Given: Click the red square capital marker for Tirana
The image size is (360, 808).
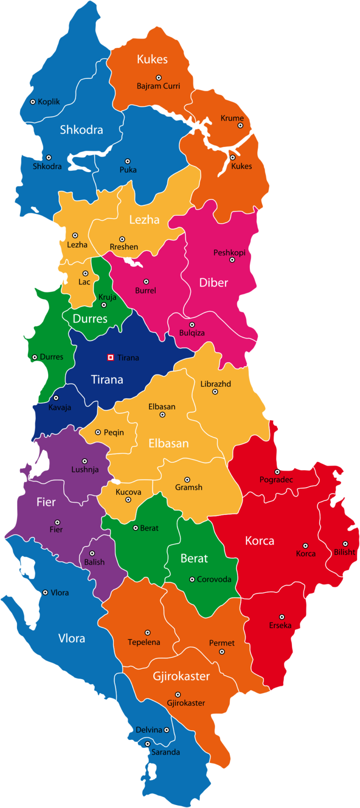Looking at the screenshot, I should click(x=111, y=357).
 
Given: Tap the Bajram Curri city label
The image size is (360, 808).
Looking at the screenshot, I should click(x=158, y=86).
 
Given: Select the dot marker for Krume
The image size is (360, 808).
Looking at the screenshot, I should click(x=240, y=126).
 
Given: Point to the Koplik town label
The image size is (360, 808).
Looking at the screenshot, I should click(x=49, y=102).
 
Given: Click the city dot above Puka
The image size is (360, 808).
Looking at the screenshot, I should click(x=127, y=161).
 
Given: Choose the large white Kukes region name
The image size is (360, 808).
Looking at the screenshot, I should click(x=152, y=59).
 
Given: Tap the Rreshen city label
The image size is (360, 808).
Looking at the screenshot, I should click(x=124, y=247).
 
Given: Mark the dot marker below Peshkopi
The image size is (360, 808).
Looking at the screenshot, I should click(x=232, y=260).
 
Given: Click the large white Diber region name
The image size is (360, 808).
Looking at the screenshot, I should click(x=213, y=282).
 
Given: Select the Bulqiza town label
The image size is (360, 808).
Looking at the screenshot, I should click(x=192, y=333).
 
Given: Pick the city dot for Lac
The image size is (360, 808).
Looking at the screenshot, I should click(x=85, y=273).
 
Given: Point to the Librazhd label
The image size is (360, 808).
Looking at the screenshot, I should click(x=216, y=384).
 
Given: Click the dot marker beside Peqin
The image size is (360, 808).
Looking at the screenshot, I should click(x=98, y=432).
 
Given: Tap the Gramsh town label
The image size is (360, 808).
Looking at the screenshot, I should click(x=188, y=488).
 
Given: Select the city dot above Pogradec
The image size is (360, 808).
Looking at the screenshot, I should click(x=277, y=472).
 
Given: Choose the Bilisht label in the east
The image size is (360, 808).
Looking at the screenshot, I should click(x=345, y=552).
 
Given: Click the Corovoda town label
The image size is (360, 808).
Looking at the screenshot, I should click(x=214, y=580).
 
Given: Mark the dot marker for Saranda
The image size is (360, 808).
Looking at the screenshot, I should click(x=147, y=744).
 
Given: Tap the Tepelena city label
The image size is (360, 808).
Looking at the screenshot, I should click(x=144, y=642).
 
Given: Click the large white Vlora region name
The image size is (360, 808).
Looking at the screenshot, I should click(x=71, y=638).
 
